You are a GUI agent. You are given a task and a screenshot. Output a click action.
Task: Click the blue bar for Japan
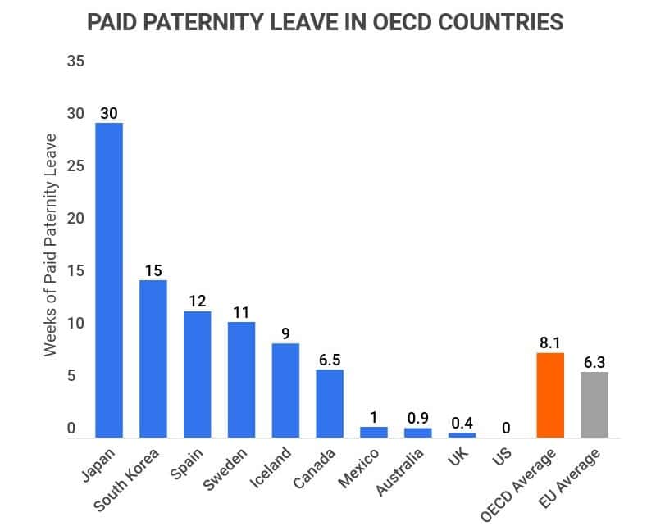[109, 279]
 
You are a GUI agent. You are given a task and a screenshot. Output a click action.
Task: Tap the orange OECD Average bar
[549, 394]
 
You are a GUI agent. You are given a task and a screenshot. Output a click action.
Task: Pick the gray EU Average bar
[594, 404]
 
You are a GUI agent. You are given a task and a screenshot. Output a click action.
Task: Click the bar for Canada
[330, 403]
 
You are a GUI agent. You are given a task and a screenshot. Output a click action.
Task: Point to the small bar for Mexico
[374, 432]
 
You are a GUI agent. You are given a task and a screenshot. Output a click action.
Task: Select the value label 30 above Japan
[109, 113]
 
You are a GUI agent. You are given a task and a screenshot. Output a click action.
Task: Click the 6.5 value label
[330, 357]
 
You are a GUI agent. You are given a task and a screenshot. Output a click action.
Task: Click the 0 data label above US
[506, 427]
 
